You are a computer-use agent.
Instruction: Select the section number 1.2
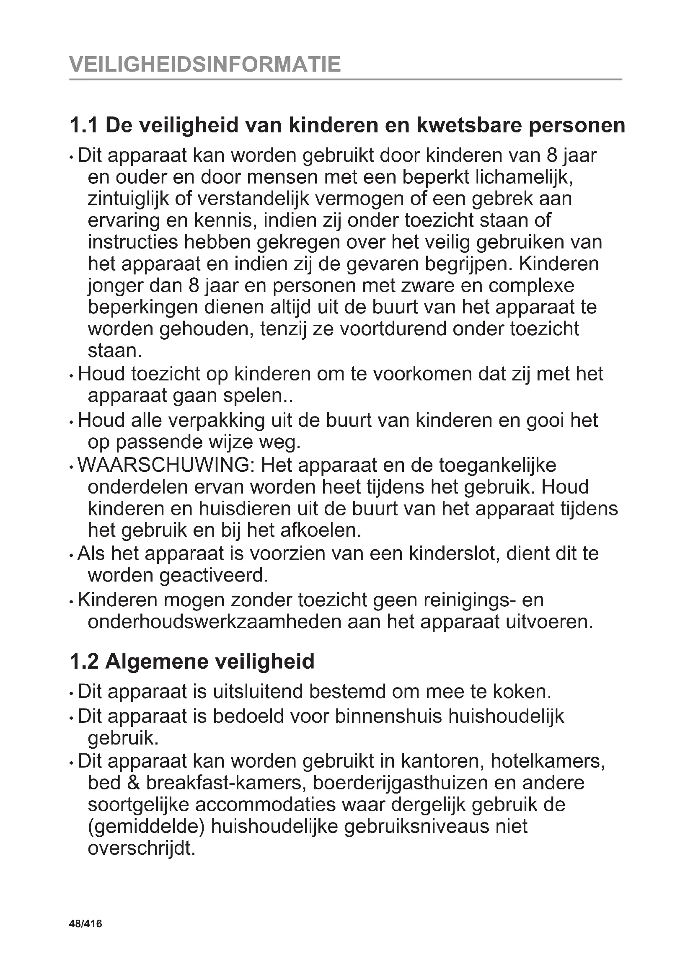tap(84, 662)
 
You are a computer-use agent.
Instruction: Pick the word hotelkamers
tap(548, 760)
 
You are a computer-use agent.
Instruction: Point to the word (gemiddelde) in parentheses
tap(146, 826)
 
